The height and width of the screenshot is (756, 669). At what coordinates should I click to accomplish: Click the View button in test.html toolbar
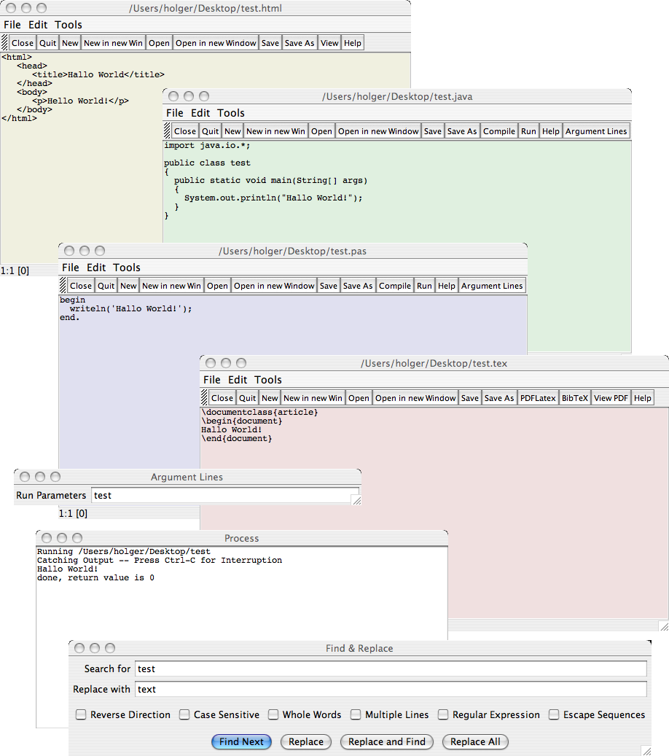(329, 43)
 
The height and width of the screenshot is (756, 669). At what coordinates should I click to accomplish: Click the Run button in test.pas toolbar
(424, 286)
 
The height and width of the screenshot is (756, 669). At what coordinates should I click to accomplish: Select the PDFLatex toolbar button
(538, 398)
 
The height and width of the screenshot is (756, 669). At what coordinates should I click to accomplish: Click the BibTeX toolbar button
(575, 398)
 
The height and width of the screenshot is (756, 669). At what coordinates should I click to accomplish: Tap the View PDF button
(611, 398)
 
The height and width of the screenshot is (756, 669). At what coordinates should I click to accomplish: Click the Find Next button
(241, 741)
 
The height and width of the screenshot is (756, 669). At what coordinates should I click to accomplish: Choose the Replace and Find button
(386, 741)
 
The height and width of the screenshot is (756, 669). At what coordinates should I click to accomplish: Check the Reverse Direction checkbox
(81, 715)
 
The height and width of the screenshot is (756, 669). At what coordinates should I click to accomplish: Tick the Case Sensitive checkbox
(184, 715)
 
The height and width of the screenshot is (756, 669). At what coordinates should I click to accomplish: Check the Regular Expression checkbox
(443, 715)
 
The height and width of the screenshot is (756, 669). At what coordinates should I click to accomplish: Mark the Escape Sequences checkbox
(554, 715)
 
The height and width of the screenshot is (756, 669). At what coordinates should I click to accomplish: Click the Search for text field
(391, 669)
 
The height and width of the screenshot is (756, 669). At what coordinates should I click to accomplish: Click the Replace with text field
(391, 689)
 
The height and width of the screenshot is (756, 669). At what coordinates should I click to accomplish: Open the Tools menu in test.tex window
(267, 380)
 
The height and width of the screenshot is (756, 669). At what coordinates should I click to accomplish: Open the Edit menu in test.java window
(200, 113)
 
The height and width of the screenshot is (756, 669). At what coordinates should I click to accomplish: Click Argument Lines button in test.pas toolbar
(492, 286)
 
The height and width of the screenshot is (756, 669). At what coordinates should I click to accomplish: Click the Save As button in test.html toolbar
(299, 43)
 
